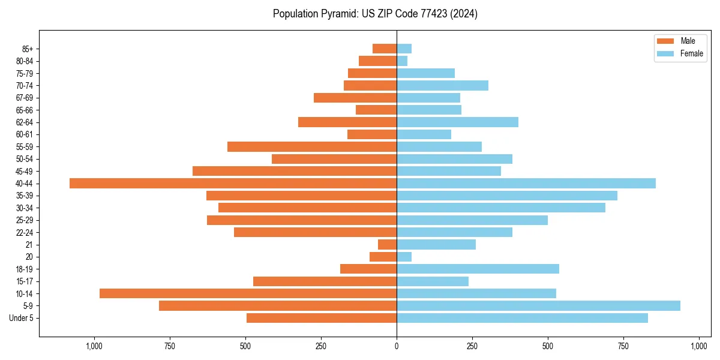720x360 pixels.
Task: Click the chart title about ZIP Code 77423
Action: click(375, 14)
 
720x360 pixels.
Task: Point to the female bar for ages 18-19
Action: click(478, 269)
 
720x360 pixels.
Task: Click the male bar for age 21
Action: click(387, 244)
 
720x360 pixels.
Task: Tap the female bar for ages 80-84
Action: click(402, 61)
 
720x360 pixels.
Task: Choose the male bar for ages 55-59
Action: click(312, 146)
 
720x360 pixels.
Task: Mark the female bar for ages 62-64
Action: click(457, 122)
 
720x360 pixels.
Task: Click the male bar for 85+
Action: click(385, 49)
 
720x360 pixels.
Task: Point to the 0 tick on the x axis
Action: click(397, 346)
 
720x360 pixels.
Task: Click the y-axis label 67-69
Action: click(25, 98)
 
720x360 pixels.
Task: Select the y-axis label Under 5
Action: click(21, 318)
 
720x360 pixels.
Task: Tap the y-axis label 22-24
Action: click(25, 232)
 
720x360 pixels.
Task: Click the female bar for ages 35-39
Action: click(507, 196)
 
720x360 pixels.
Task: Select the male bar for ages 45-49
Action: click(295, 171)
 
